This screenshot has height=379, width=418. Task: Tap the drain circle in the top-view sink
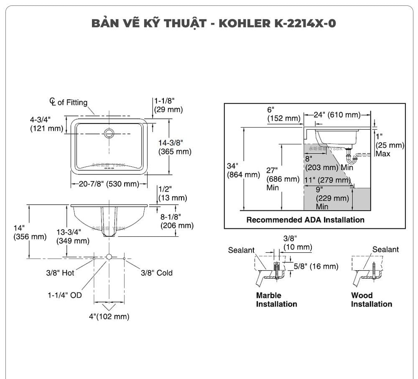[x=109, y=133]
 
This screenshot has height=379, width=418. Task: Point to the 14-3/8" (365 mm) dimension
[x=174, y=147]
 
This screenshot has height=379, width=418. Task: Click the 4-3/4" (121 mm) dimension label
[x=46, y=124]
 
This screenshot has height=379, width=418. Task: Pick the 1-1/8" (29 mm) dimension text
[x=168, y=105]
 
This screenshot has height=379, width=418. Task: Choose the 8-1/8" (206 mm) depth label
[x=177, y=221]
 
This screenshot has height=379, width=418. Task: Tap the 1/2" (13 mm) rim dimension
[x=172, y=193]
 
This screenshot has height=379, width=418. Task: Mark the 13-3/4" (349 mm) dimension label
[x=73, y=237]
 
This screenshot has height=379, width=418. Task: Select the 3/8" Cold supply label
[x=156, y=273]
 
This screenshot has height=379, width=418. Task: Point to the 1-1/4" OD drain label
[x=64, y=295]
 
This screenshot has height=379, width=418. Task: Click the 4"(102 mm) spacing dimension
[x=109, y=317]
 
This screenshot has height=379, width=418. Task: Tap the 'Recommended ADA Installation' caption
[x=305, y=220]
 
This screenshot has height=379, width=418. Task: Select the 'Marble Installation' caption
[x=276, y=300]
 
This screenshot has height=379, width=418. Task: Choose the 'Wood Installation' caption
[x=371, y=300]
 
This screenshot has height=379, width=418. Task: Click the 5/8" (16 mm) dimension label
[x=316, y=266]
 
